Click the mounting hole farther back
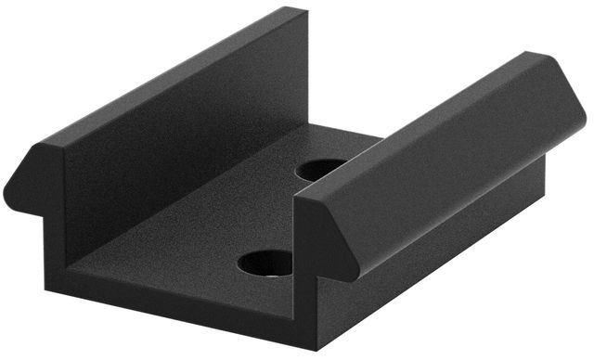321,169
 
